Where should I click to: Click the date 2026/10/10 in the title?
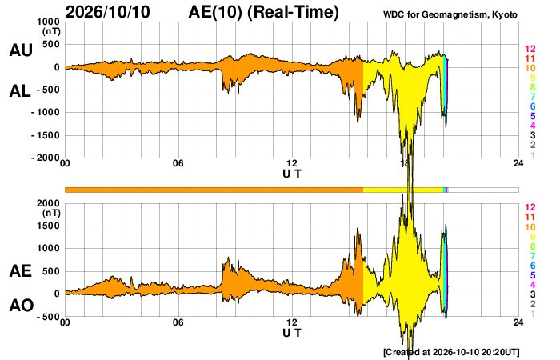(108, 12)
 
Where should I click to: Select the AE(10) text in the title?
(215, 12)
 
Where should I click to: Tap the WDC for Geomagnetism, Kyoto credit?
(450, 14)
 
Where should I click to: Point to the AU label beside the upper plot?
(21, 50)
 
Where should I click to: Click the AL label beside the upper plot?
(20, 91)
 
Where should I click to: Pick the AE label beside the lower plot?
(20, 270)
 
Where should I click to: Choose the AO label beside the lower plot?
(22, 306)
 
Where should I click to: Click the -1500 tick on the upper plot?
(46, 135)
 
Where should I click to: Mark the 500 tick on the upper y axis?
(52, 44)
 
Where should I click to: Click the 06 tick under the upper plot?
(178, 163)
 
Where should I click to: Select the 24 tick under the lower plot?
(518, 322)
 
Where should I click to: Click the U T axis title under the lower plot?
(292, 333)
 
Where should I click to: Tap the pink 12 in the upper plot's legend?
(530, 49)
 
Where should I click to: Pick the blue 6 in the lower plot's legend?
(533, 266)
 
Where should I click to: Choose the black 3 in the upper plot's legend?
(533, 135)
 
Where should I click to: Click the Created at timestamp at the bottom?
(451, 352)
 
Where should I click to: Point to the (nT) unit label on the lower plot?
(51, 214)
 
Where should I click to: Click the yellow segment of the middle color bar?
(403, 190)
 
